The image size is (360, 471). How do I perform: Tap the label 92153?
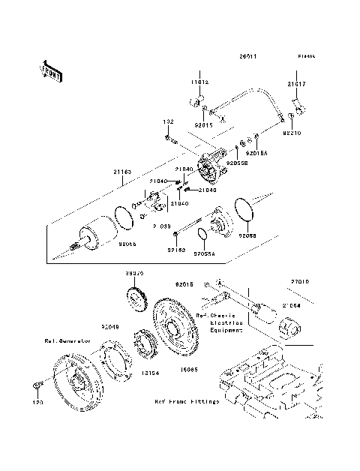(x=176, y=249)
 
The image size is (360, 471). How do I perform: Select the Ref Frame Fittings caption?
(x=187, y=401)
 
